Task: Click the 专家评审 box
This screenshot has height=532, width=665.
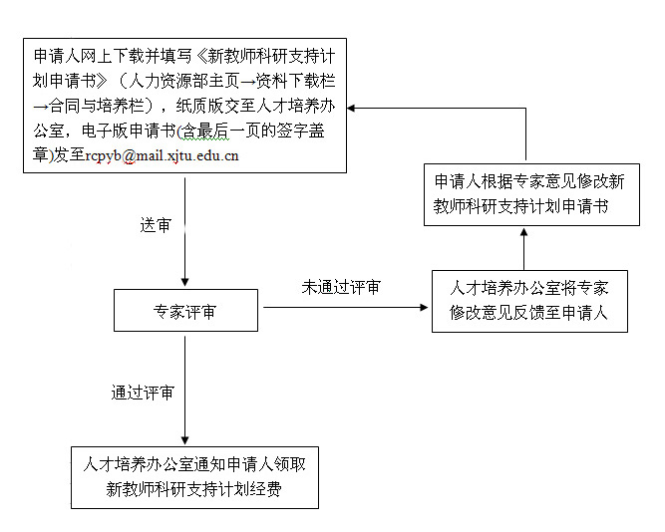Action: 185,312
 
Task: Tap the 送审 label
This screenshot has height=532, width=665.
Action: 155,225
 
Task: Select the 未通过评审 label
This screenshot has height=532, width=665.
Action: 341,288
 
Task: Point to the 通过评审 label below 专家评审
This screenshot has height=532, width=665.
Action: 143,393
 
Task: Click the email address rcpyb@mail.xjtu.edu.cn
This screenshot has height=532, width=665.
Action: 162,156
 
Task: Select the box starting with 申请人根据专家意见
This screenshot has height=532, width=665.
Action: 530,194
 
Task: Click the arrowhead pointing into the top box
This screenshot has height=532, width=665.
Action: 352,108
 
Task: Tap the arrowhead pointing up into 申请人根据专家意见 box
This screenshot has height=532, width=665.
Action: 524,233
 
